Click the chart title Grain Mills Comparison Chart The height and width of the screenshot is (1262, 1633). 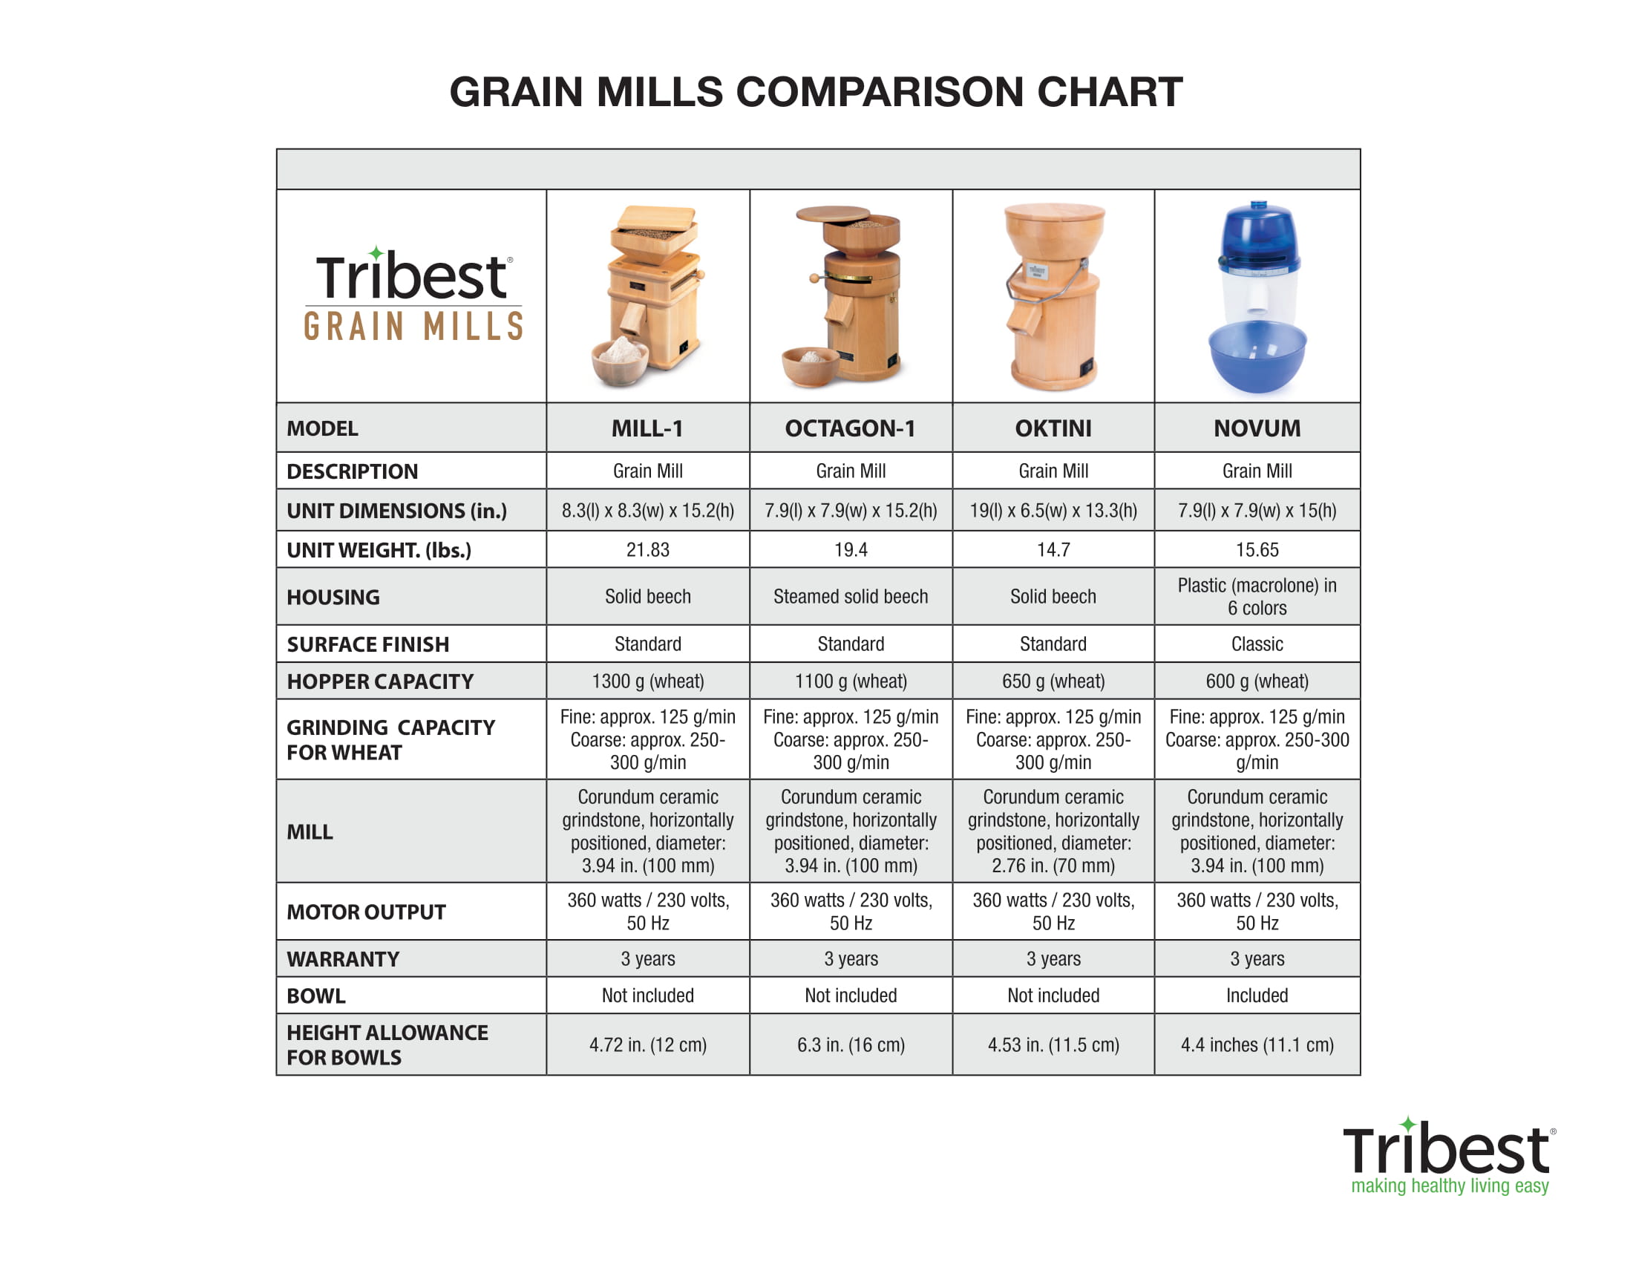click(x=816, y=92)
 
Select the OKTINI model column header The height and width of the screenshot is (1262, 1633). click(x=1053, y=428)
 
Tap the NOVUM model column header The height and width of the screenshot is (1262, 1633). click(x=1257, y=428)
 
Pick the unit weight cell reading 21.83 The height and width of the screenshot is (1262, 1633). click(x=647, y=549)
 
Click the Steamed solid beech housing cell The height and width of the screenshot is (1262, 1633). click(x=850, y=596)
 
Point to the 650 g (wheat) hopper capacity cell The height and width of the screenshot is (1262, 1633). click(x=1053, y=681)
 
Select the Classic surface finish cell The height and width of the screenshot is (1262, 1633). click(x=1257, y=644)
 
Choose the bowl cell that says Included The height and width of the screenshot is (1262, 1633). click(x=1257, y=995)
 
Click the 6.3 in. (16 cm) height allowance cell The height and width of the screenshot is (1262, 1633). click(x=850, y=1044)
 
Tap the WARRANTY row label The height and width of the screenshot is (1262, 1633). click(x=343, y=959)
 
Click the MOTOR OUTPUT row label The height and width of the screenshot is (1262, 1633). click(x=367, y=912)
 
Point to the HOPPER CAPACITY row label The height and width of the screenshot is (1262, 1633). click(x=380, y=681)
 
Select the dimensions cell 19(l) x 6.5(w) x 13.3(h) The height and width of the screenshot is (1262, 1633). click(x=1053, y=511)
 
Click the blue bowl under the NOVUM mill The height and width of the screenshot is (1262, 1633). click(x=1257, y=356)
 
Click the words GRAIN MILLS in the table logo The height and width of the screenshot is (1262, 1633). click(x=413, y=327)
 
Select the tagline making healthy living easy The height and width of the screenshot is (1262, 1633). click(x=1450, y=1186)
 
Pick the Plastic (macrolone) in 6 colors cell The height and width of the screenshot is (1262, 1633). click(x=1257, y=596)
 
